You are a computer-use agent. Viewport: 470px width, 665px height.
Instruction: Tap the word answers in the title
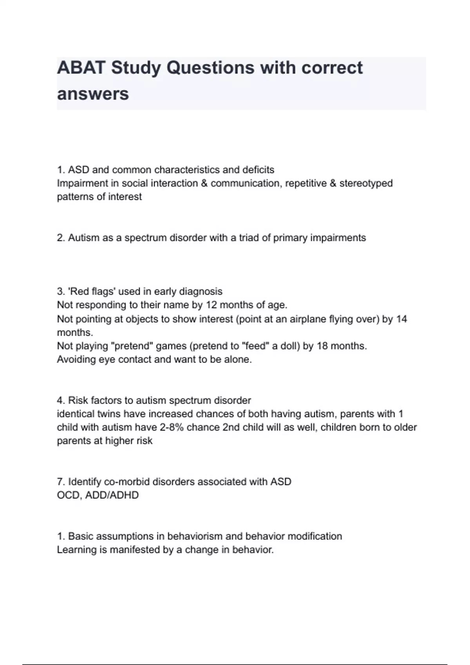coord(93,94)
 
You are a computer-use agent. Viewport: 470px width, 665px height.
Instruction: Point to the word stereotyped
coord(366,183)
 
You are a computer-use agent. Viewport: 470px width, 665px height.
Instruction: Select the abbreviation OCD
coord(69,495)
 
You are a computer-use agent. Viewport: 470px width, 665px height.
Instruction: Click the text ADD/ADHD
coord(112,495)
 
